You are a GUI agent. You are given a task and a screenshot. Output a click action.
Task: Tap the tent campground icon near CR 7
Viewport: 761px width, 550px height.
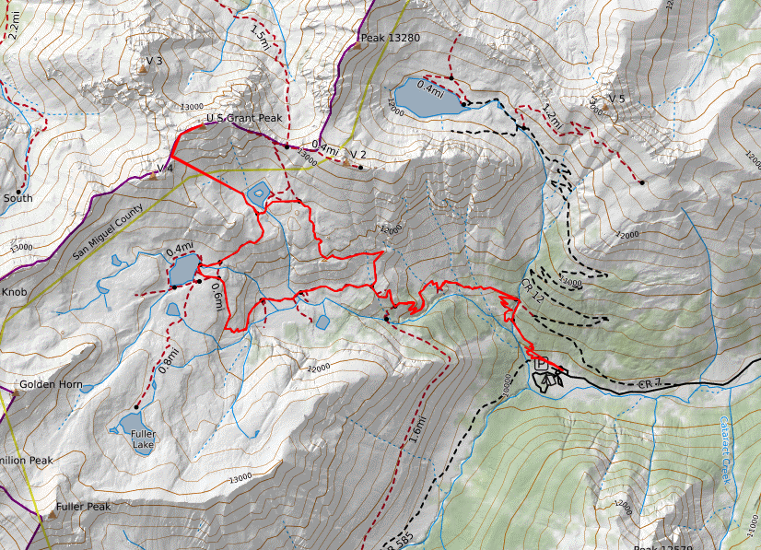(x=551, y=378)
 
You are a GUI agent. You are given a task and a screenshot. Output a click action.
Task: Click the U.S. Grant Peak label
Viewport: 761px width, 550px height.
(x=244, y=119)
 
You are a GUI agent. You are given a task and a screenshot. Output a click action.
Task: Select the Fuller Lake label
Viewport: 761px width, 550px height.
(x=143, y=439)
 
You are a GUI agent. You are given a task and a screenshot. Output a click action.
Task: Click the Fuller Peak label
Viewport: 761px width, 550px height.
(x=83, y=507)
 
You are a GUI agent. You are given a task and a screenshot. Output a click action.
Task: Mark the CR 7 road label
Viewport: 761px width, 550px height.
(x=650, y=382)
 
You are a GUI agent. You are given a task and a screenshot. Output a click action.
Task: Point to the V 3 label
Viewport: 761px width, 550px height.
(x=154, y=61)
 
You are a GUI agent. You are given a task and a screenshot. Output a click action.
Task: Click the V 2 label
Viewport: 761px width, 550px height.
(x=358, y=154)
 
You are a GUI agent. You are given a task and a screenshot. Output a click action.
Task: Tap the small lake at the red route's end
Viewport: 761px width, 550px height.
(x=259, y=193)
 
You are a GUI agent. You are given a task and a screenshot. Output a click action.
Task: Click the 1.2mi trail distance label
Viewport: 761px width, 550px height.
(x=551, y=117)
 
